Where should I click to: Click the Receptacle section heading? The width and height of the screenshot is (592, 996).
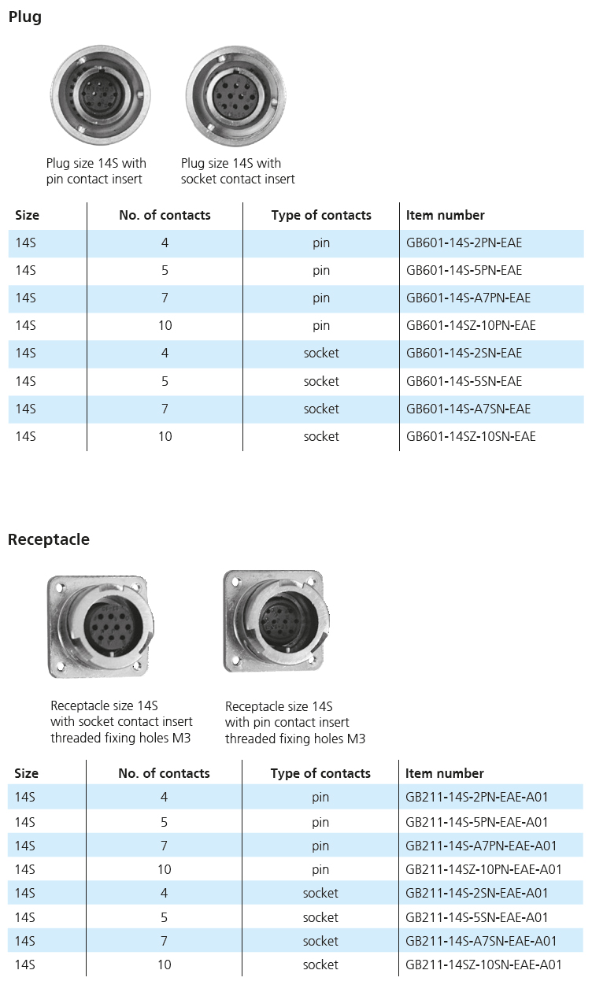coord(49,539)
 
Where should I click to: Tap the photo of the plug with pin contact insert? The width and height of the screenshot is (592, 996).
coord(100,94)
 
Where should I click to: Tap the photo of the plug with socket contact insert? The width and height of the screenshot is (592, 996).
coord(236,95)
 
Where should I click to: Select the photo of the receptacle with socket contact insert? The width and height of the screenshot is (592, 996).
coord(101,627)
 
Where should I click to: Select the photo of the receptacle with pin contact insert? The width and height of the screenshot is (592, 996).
coord(276,621)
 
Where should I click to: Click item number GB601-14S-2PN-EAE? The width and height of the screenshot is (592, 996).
coord(464,243)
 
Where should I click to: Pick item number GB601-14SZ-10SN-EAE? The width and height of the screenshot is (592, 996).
coord(471,437)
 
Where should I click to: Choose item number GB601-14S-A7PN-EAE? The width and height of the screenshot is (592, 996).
coord(468,298)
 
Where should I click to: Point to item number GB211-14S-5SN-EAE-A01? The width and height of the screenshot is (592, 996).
coord(476,917)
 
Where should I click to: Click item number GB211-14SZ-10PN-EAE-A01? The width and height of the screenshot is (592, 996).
coord(483,869)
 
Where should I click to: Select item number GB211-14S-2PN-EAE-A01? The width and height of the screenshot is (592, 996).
coord(476,797)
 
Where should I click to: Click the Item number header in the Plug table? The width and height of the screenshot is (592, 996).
coord(445,215)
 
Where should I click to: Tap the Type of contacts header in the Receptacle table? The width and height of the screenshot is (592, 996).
coord(320,774)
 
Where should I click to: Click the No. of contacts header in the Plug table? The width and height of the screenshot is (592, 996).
coord(165,215)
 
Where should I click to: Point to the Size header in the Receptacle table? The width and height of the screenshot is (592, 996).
coord(26,774)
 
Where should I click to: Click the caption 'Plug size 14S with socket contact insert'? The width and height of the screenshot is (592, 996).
coord(238,171)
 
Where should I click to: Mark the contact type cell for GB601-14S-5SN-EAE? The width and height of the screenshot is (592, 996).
coord(321,382)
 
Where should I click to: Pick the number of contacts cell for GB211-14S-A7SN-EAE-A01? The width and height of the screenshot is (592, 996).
coord(164,942)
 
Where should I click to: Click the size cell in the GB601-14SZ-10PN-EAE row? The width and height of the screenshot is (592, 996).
coord(25,325)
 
